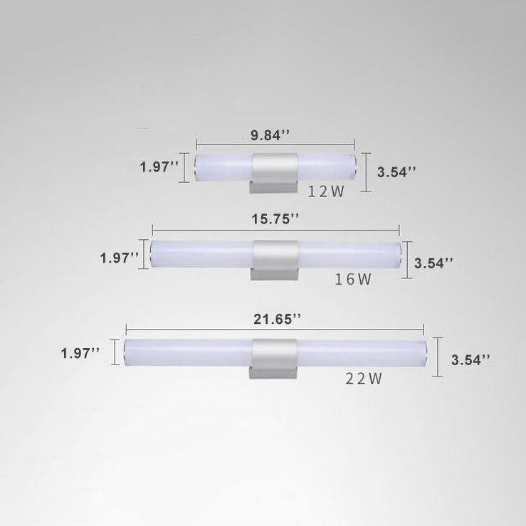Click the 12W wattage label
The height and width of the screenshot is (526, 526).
325,191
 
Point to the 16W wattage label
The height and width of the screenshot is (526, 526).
353,280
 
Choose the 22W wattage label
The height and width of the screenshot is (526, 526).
364,379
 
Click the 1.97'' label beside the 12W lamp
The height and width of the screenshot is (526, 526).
159,167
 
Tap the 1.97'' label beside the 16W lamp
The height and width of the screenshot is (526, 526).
120,257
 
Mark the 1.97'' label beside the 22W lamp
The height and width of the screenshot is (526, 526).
80,352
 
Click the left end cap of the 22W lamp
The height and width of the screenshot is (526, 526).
126,353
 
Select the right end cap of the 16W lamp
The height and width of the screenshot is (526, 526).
398,254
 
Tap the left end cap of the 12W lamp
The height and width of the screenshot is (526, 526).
197,167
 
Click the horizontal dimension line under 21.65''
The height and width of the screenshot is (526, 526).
275,329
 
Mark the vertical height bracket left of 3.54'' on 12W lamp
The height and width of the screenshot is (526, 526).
366,172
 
